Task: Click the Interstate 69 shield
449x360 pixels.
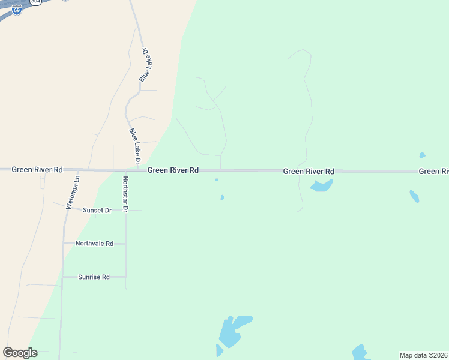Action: click(x=17, y=10)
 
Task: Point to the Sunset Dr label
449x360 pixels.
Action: click(x=97, y=211)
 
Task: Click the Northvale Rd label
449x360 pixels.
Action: click(x=94, y=244)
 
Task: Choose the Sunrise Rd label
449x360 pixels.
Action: click(x=94, y=277)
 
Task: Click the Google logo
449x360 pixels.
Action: click(x=20, y=353)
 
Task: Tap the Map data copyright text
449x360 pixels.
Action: click(x=424, y=355)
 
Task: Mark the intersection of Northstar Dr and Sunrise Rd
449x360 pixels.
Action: click(x=125, y=277)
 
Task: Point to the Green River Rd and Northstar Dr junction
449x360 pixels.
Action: click(x=125, y=170)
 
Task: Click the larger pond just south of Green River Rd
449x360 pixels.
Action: click(x=321, y=185)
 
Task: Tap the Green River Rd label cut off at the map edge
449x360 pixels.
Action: click(x=434, y=172)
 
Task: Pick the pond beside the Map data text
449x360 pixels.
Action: click(x=360, y=352)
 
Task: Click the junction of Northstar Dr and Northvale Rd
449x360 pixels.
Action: click(x=125, y=244)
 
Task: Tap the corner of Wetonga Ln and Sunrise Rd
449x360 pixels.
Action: click(x=62, y=277)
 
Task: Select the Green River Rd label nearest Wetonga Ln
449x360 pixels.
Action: click(x=37, y=170)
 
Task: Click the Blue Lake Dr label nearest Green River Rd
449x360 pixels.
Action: click(x=134, y=146)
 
